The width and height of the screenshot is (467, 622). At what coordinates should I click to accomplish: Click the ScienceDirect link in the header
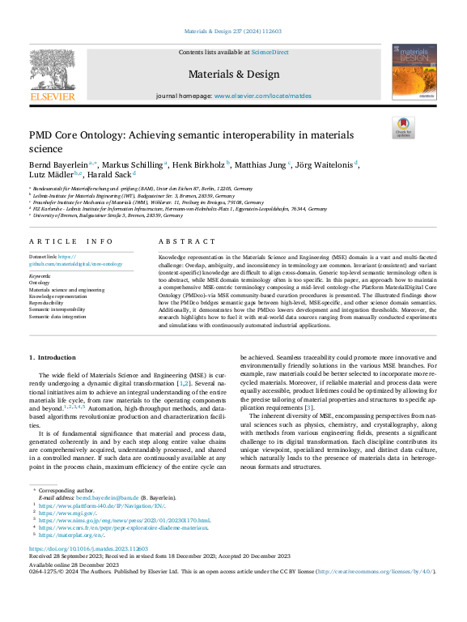click(x=270, y=52)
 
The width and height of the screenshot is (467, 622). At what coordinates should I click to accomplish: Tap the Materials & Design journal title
click(x=233, y=74)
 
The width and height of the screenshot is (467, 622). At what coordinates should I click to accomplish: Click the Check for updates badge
click(x=402, y=127)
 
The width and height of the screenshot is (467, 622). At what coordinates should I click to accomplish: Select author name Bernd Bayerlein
click(x=57, y=164)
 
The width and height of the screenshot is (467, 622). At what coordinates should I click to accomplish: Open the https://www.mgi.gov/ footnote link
click(x=70, y=512)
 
